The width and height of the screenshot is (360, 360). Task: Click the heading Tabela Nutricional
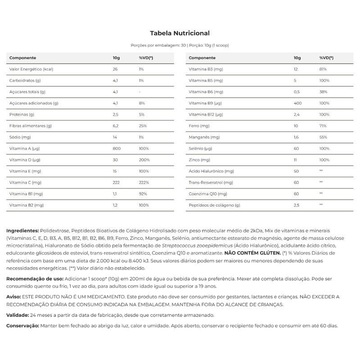180,33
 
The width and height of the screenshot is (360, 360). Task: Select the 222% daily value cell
144,182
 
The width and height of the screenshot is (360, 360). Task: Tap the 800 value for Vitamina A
116,148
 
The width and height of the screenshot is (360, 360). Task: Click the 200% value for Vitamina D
144,159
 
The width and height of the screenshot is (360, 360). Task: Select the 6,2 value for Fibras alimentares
115,126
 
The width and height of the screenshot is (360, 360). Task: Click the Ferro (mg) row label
199,126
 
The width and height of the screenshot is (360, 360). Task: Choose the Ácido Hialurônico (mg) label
211,171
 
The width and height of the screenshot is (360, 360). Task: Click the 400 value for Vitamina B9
297,103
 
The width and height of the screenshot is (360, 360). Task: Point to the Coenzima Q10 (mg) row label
208,193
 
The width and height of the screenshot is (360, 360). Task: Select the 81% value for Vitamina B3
323,69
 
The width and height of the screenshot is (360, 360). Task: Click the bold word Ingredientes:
23,230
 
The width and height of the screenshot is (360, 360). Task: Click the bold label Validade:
18,315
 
